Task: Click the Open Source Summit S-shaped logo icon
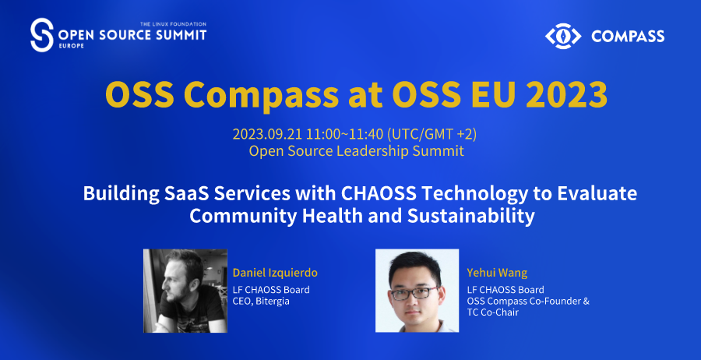pyautogui.click(x=41, y=35)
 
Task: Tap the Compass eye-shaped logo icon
pyautogui.click(x=563, y=36)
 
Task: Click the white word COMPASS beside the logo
pyautogui.click(x=628, y=36)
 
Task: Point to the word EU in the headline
pyautogui.click(x=491, y=94)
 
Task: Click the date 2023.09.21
pyautogui.click(x=268, y=134)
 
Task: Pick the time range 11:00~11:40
pyautogui.click(x=345, y=134)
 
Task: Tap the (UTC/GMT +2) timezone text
pyautogui.click(x=432, y=134)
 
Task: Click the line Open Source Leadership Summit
pyautogui.click(x=356, y=150)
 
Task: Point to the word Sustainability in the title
pyautogui.click(x=470, y=216)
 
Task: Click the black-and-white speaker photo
pyautogui.click(x=185, y=291)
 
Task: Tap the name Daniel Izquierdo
pyautogui.click(x=275, y=273)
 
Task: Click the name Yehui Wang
pyautogui.click(x=497, y=273)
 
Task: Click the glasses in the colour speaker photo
pyautogui.click(x=414, y=294)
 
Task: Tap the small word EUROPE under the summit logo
pyautogui.click(x=71, y=46)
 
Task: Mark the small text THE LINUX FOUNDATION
pyautogui.click(x=173, y=23)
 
